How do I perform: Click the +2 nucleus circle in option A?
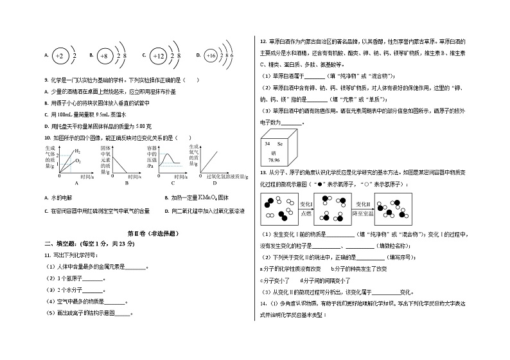59,57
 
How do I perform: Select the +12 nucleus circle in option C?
158,57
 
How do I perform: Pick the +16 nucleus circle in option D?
211,57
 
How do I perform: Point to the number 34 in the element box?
267,145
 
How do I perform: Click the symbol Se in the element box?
281,145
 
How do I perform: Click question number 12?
262,39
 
